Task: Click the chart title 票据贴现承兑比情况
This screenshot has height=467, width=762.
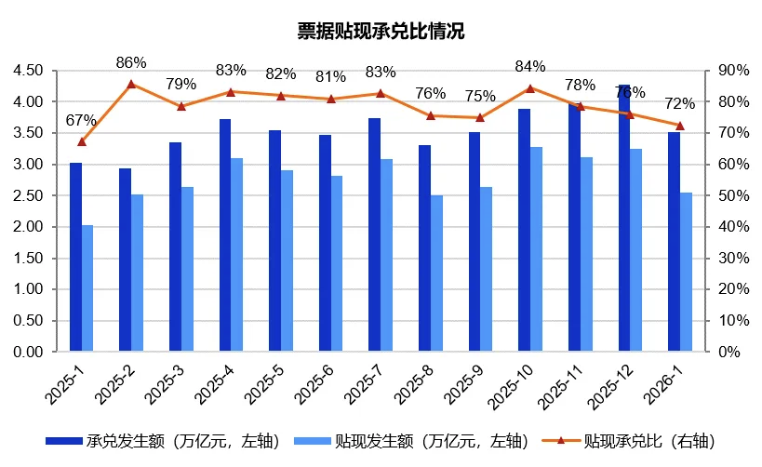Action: click(x=381, y=31)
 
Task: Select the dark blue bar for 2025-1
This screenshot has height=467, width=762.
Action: click(x=75, y=258)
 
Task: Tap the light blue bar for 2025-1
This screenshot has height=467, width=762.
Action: click(x=87, y=288)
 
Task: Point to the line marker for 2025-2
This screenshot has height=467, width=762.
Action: click(x=131, y=84)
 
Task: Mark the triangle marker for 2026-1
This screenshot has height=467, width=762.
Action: click(x=679, y=126)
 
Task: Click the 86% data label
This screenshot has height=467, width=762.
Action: click(x=131, y=63)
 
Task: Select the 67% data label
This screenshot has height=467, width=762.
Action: click(x=81, y=120)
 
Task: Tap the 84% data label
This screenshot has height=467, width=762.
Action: click(x=530, y=67)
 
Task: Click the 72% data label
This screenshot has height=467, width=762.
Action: click(x=680, y=104)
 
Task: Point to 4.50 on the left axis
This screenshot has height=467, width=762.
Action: click(x=29, y=71)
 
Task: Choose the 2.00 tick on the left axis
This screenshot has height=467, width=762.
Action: click(x=29, y=227)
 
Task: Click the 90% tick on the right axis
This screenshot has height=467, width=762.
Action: click(x=729, y=71)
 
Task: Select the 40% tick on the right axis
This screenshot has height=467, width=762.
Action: click(x=729, y=227)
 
